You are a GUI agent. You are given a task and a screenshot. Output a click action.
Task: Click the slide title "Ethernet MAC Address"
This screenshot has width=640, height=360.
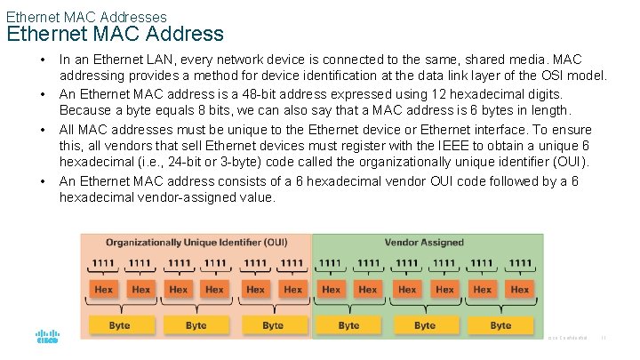[116, 35]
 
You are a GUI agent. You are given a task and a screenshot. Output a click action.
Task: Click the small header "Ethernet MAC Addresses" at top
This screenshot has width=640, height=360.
[86, 15]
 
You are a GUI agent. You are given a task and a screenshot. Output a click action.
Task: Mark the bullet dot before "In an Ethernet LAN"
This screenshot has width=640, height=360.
[43, 60]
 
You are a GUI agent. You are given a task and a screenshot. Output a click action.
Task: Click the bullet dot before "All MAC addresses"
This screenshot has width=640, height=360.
[43, 129]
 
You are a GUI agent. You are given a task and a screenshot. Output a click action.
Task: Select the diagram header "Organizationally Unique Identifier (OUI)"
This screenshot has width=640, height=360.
[196, 243]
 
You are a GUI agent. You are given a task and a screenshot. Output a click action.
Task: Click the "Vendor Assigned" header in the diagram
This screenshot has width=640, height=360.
[424, 243]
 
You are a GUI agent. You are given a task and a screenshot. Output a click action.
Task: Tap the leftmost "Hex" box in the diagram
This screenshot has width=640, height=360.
[103, 289]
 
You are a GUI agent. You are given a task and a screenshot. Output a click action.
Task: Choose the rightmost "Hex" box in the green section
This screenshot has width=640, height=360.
[520, 289]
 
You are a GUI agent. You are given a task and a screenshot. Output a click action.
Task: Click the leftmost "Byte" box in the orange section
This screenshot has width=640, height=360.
[120, 325]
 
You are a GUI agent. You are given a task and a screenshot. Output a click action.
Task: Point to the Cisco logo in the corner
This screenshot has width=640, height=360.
[47, 338]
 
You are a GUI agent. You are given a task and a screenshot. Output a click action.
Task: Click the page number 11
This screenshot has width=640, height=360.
[604, 339]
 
